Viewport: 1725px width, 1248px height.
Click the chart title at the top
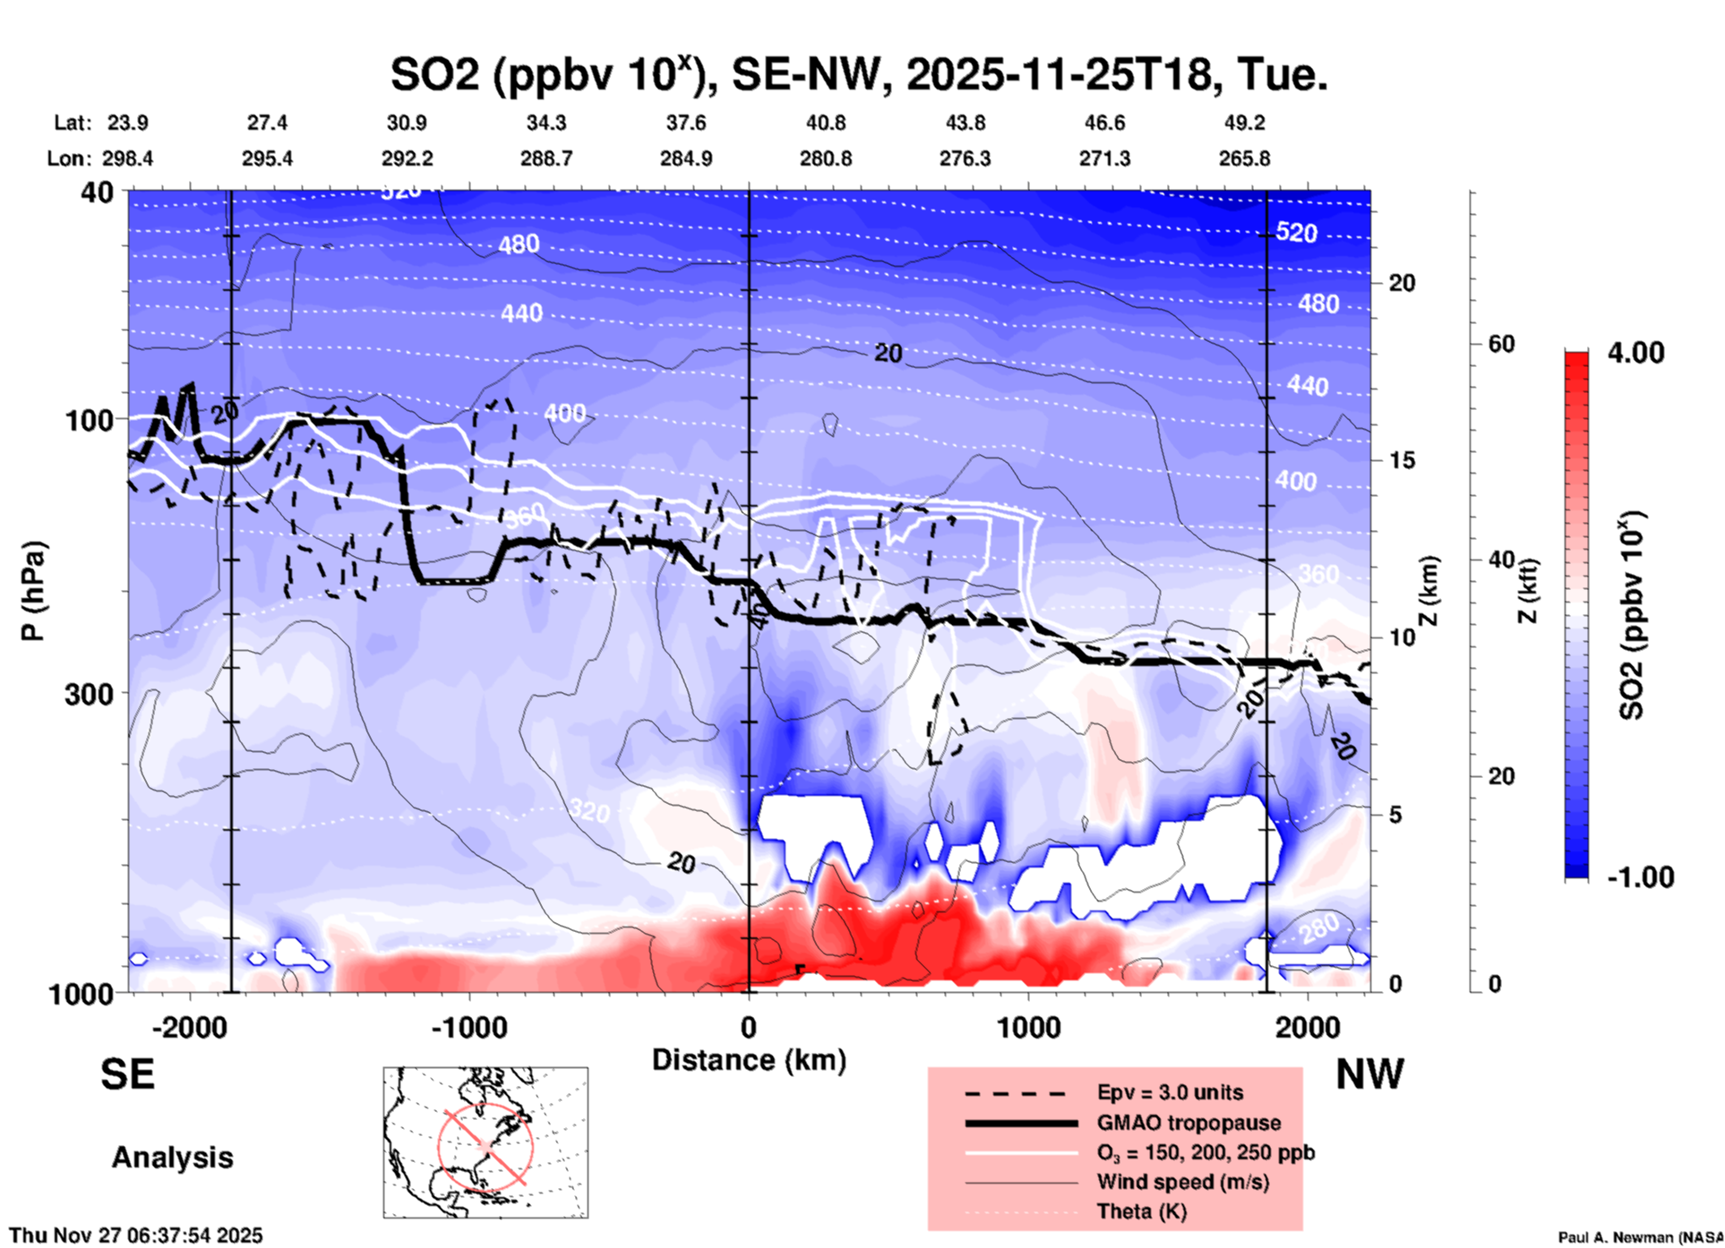(858, 74)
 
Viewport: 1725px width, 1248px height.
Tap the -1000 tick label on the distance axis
(468, 1027)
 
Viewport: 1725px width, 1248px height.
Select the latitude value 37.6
(685, 123)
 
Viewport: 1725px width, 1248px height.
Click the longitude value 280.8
(825, 158)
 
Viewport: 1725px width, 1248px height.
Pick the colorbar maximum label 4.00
(1635, 353)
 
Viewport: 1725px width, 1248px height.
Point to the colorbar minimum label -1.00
(1640, 876)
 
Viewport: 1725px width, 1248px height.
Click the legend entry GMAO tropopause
(1189, 1123)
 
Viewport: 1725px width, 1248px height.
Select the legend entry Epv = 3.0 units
(1169, 1092)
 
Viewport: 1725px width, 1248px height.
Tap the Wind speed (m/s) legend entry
(1182, 1182)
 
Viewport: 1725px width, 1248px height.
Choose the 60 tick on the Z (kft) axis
(1501, 344)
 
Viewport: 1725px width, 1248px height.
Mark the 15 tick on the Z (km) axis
(1401, 460)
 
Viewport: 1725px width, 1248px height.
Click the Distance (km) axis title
(749, 1060)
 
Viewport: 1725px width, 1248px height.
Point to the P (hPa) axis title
(33, 591)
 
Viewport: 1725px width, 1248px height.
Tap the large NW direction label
(1369, 1074)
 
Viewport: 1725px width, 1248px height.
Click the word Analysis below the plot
(172, 1158)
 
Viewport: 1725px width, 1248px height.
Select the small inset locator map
(485, 1142)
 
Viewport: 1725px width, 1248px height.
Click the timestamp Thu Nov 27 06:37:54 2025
(136, 1235)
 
